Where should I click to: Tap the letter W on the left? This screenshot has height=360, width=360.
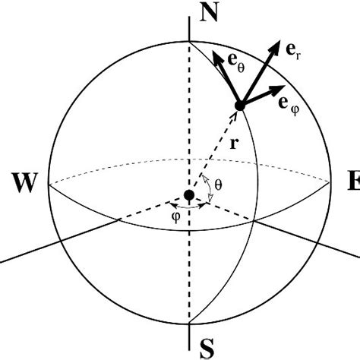(25, 182)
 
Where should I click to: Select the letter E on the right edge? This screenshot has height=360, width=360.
(352, 182)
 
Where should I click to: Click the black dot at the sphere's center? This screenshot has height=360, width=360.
(188, 196)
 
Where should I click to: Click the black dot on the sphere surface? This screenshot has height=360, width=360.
(240, 106)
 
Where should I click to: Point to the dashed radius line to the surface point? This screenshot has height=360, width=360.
(216, 147)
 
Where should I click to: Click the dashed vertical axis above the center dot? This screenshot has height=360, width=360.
(188, 114)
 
